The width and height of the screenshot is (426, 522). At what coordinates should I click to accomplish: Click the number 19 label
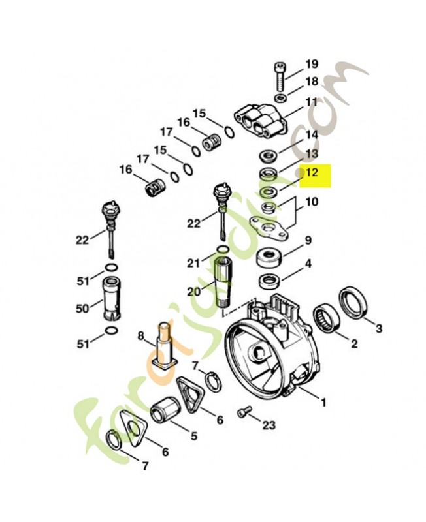tap(312, 64)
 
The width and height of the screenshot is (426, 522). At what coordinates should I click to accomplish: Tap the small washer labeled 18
tap(280, 99)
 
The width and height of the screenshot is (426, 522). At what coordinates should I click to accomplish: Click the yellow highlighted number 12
tap(312, 173)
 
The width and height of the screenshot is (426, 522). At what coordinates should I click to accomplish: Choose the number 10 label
tap(312, 202)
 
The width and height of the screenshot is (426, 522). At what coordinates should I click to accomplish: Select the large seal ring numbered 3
tap(355, 303)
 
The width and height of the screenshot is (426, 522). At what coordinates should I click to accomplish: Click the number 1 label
tap(322, 404)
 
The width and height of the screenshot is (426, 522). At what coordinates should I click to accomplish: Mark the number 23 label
tap(269, 425)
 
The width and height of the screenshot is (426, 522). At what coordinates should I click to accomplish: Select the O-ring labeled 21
tap(222, 250)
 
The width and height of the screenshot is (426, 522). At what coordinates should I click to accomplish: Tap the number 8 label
tap(140, 336)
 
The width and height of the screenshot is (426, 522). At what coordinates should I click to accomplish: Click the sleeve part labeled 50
tap(112, 304)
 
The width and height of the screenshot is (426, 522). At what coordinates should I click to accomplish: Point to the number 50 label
tap(83, 309)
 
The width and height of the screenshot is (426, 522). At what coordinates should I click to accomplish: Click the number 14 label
tap(312, 134)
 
